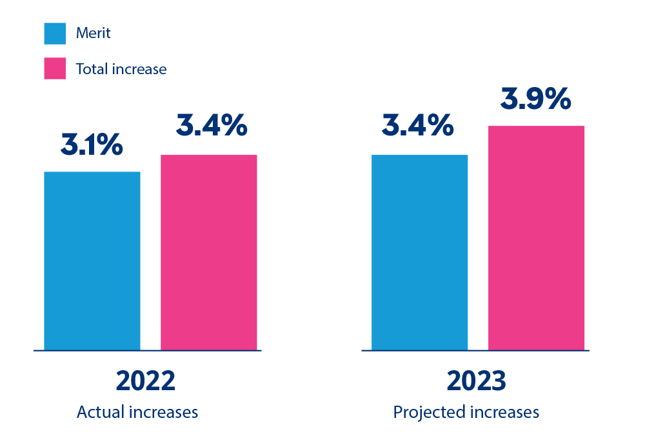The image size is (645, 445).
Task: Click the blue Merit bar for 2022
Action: coord(92,261)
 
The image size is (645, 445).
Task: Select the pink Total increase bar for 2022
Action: coord(208,252)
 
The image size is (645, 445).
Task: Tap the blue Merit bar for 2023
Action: coord(419,252)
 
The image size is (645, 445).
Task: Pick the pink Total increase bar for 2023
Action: coord(536,238)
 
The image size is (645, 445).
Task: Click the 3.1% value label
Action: coord(92,146)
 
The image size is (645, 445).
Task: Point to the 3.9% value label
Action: coord(536,100)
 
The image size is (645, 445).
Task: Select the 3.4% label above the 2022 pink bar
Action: coord(212,126)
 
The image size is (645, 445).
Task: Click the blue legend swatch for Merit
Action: coord(55,34)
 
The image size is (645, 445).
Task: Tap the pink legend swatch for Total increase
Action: coord(55,68)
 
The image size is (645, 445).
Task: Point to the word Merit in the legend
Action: coord(94,34)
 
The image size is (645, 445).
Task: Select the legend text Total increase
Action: coord(121,69)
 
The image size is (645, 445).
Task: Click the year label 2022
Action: coord(145,381)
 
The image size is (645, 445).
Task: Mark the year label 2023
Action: coord(476,381)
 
